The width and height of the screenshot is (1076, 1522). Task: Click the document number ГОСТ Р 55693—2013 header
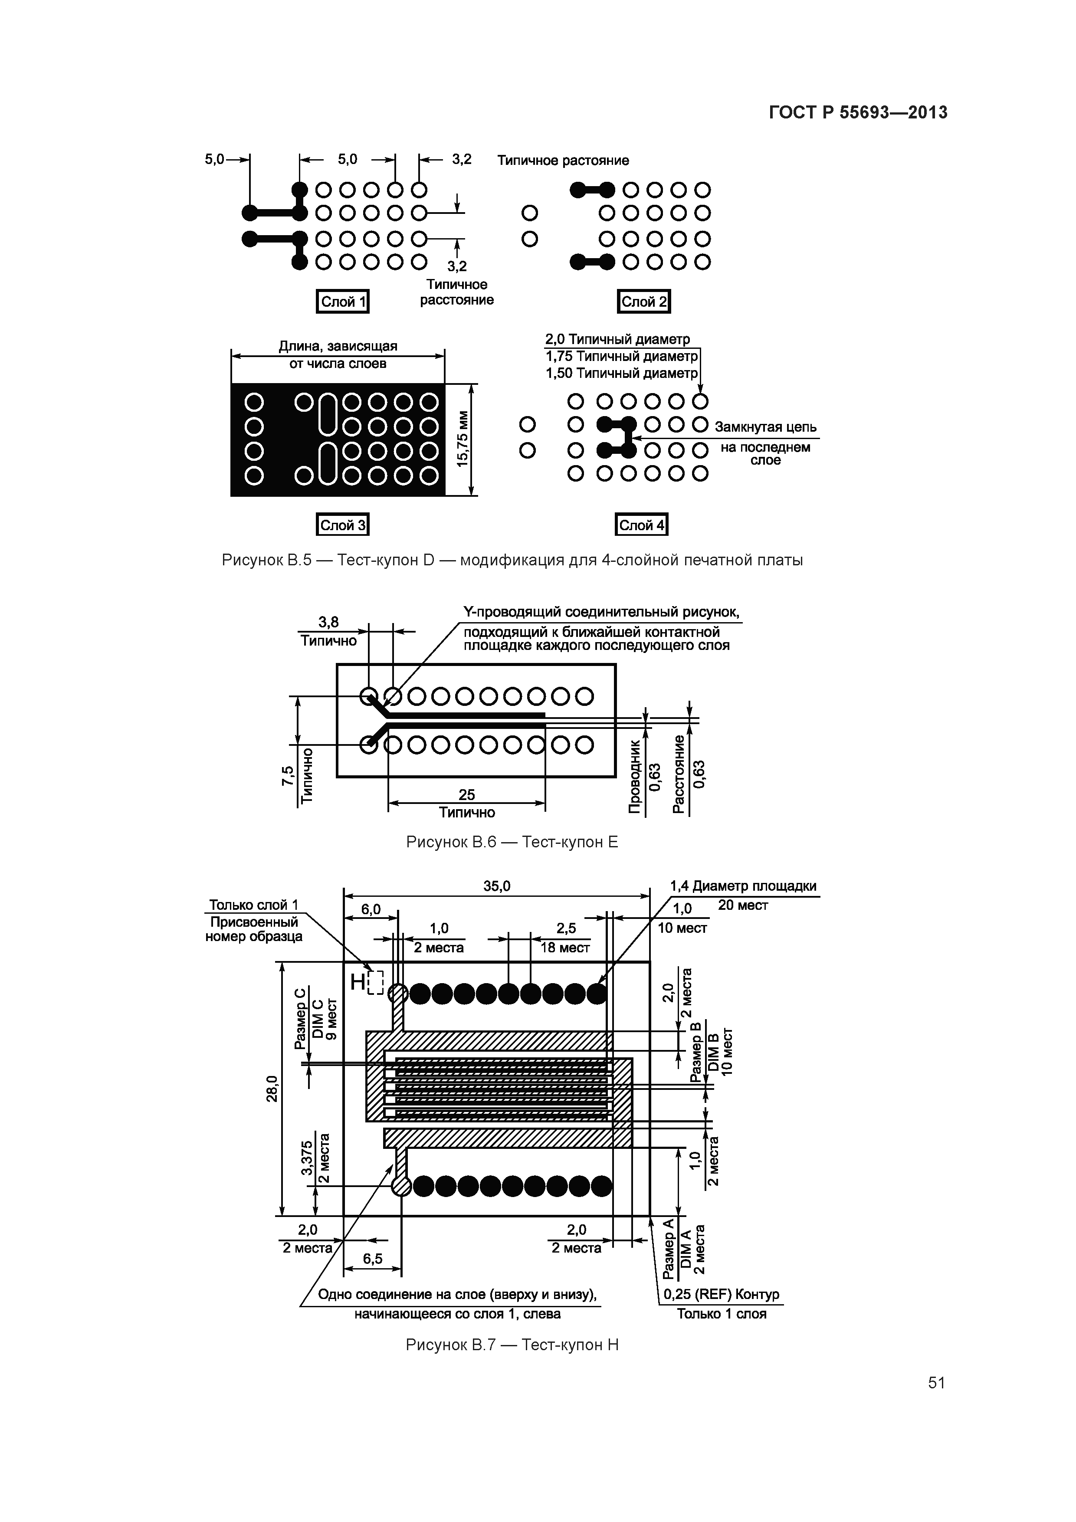(x=858, y=113)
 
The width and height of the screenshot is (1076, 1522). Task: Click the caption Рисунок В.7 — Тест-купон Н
(x=512, y=1345)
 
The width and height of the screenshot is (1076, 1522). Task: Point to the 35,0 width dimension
(x=496, y=887)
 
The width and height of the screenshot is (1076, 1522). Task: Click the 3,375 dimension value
(x=307, y=1158)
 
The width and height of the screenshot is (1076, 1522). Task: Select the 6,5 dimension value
(x=373, y=1259)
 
